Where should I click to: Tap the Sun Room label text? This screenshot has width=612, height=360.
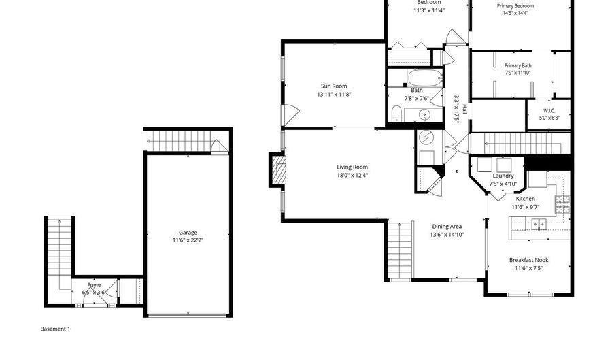(x=334, y=86)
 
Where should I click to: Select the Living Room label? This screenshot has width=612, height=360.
(x=352, y=167)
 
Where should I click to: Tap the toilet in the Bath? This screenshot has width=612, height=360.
(x=398, y=112)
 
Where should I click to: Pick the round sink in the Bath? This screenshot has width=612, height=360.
(x=425, y=114)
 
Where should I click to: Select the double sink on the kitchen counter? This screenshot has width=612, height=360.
(x=539, y=223)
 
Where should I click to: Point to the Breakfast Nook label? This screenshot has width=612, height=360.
(x=529, y=260)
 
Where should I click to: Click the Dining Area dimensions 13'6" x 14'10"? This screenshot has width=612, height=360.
(x=447, y=235)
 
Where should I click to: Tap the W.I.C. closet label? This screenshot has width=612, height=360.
(x=549, y=110)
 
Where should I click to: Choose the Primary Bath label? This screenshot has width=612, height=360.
(x=518, y=65)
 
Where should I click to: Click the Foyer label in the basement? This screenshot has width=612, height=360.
(x=95, y=285)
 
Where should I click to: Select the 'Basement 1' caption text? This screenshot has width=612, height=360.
(x=55, y=329)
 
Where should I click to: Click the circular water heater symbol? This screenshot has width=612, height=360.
(x=426, y=137)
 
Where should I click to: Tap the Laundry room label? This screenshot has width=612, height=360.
(x=503, y=176)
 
